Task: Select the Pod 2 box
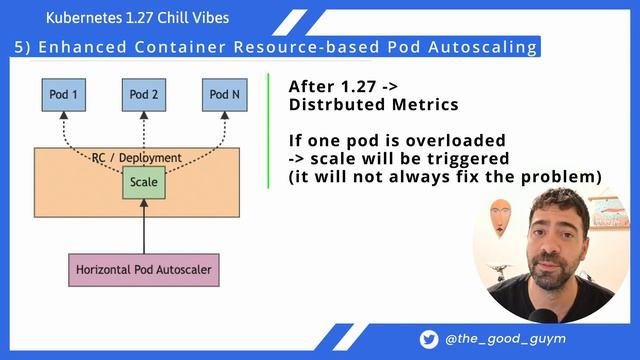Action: pyautogui.click(x=143, y=94)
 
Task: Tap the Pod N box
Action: pyautogui.click(x=224, y=94)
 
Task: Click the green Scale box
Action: pyautogui.click(x=144, y=183)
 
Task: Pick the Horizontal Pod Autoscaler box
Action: pyautogui.click(x=144, y=268)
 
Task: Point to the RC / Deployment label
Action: pyautogui.click(x=136, y=158)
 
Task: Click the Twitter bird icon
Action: pyautogui.click(x=428, y=340)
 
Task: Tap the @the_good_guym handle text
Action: pyautogui.click(x=505, y=340)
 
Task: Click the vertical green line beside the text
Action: pyautogui.click(x=269, y=130)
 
